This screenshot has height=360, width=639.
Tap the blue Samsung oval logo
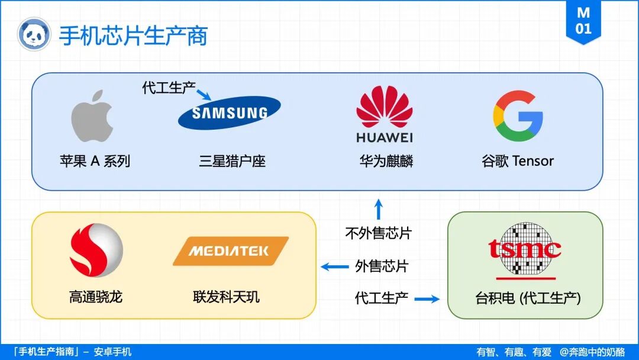point(230,112)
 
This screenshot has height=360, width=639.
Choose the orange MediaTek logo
point(231,251)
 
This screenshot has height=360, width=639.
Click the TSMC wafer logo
point(525,250)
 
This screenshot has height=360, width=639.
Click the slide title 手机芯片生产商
point(133,36)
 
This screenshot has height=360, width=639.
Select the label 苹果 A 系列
point(95,160)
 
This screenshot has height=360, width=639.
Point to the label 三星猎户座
point(232,160)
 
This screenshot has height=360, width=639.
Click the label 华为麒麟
point(386,160)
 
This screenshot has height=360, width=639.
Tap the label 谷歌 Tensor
point(518,160)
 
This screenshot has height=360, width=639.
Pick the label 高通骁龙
point(96,296)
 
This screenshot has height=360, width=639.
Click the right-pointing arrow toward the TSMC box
point(427,299)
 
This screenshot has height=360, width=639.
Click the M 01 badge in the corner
point(583,21)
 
